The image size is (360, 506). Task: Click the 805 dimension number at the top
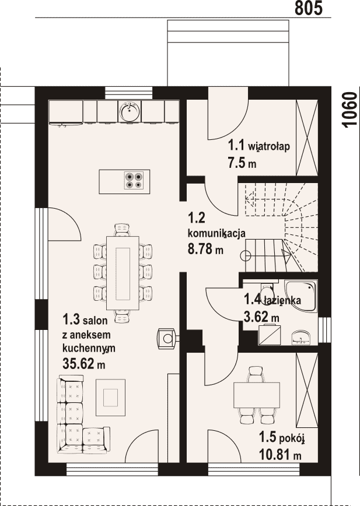point(309,8)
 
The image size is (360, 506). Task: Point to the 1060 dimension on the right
point(350,110)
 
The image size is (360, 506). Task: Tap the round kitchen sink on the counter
point(130,111)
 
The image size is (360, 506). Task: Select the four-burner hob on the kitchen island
point(134,180)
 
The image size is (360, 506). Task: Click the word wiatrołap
point(268,146)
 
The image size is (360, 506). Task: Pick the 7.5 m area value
point(242,163)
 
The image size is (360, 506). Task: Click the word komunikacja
point(216,233)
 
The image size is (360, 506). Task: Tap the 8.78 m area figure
point(205,249)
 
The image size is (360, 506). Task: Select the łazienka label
point(282,300)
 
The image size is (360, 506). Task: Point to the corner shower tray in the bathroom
point(301,296)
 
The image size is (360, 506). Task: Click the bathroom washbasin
point(302,338)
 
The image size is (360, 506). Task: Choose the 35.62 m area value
point(84,364)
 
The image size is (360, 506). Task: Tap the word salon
point(95,321)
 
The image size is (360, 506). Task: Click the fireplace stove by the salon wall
point(168,339)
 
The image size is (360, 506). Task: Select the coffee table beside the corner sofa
point(110,398)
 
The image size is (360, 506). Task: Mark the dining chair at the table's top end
point(123,230)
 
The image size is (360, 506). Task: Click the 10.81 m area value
point(280,455)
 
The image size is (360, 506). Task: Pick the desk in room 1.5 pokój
point(257,395)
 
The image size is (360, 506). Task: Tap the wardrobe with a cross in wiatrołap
point(307,138)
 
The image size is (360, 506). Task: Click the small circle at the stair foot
point(246,256)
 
